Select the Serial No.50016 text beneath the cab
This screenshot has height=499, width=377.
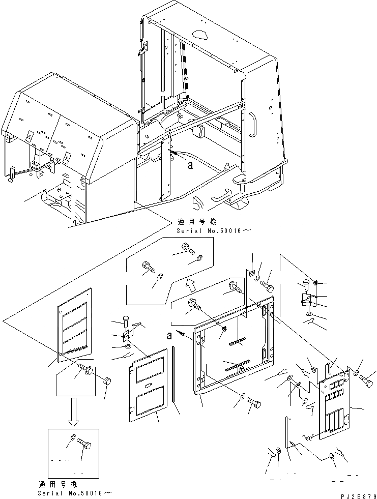pyautogui.click(x=214, y=230)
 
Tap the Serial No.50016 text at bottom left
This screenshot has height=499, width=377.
pyautogui.click(x=75, y=493)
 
